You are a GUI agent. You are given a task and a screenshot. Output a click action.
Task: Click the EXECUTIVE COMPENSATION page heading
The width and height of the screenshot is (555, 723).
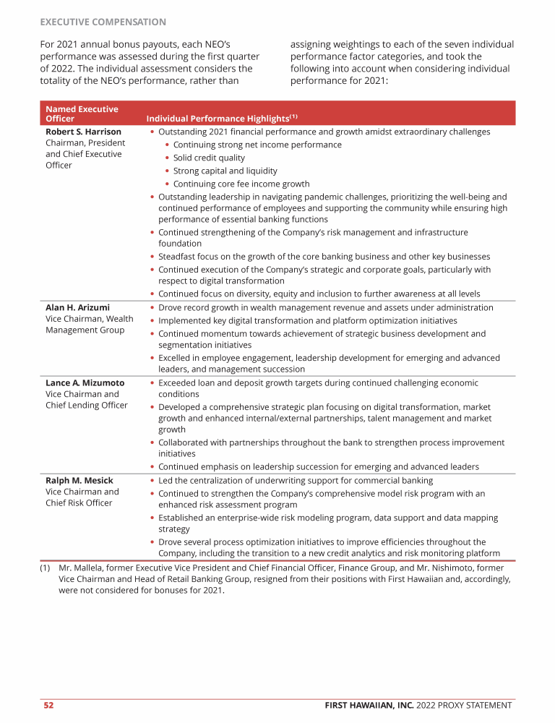click(103, 22)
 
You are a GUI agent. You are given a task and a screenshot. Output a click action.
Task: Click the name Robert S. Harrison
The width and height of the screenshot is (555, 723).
click(83, 132)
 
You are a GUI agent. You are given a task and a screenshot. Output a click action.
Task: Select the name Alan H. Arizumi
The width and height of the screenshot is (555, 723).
click(77, 307)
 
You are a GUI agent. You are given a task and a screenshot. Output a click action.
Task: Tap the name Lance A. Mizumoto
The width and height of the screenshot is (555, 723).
click(85, 382)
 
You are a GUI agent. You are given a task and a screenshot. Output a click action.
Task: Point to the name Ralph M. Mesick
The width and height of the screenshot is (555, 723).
click(79, 480)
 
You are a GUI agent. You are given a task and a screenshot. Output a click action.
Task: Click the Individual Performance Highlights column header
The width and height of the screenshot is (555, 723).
click(221, 119)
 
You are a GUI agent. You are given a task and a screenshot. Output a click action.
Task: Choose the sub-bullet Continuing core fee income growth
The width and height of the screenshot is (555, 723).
click(241, 184)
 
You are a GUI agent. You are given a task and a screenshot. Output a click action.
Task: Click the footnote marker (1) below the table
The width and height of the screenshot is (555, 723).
click(46, 568)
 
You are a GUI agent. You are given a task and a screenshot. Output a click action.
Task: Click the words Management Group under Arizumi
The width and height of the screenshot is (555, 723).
click(85, 330)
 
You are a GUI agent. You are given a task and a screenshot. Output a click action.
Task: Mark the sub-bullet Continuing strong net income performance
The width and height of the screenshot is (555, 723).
click(257, 145)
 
